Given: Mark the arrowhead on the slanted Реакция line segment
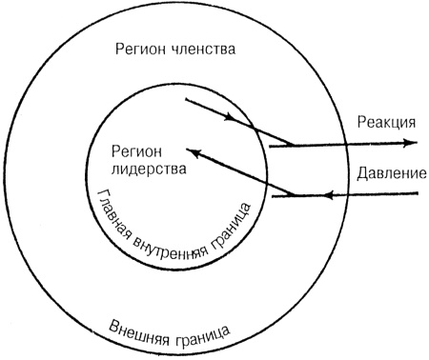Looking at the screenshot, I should click(230, 120).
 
